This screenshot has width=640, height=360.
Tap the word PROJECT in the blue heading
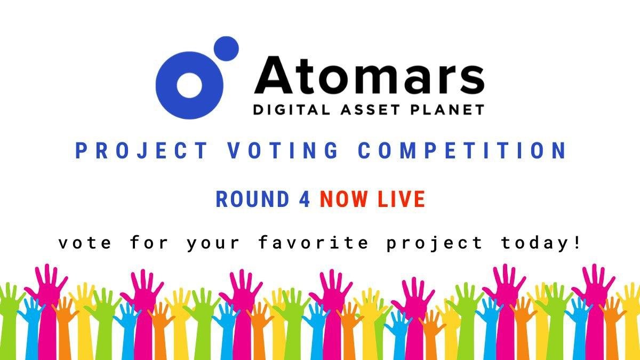141,151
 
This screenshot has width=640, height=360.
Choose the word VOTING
283,151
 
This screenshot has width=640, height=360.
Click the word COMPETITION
462,151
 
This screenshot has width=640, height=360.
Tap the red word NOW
344,199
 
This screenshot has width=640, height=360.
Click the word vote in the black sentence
85,243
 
